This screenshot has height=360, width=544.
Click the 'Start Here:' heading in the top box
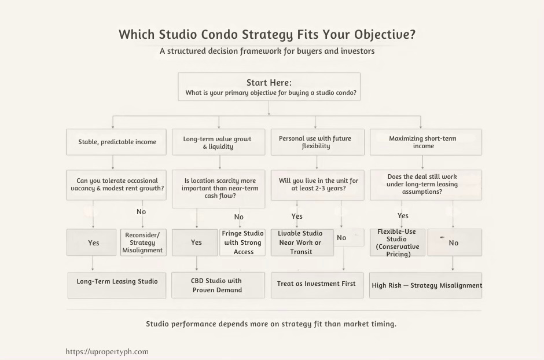[x=269, y=83]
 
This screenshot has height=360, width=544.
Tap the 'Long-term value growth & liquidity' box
[x=218, y=142]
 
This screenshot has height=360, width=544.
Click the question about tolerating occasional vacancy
[x=117, y=185]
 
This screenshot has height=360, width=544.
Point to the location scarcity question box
[x=220, y=189]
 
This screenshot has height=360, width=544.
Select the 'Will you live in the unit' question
[x=318, y=185]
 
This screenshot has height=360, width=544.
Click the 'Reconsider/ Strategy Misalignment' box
[x=142, y=243]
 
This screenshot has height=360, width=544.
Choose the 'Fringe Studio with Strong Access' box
[x=243, y=243]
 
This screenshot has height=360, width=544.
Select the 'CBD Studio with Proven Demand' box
[x=217, y=285]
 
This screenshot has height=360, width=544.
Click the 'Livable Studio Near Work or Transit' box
[x=300, y=243]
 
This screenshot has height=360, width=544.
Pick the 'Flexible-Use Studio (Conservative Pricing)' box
[x=397, y=243]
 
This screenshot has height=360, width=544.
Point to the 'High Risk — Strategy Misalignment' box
[x=426, y=285]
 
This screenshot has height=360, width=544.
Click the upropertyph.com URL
[x=107, y=351]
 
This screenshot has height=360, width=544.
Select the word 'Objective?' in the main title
[x=385, y=34]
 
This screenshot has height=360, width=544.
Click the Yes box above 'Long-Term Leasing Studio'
[x=93, y=243]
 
